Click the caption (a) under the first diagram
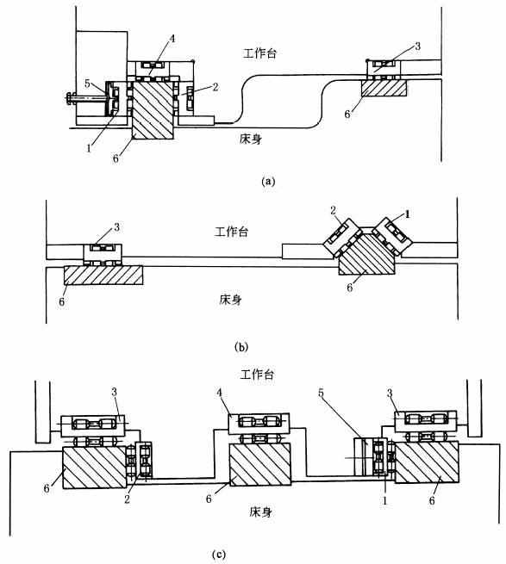tap(268, 181)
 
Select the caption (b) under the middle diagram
tap(241, 348)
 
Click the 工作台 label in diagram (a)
tap(260, 53)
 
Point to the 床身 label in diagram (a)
tap(251, 139)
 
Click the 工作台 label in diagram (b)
tap(232, 232)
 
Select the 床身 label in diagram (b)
tap(230, 300)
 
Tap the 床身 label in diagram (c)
tap(260, 511)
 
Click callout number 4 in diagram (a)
tap(172, 39)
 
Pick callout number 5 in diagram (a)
tap(88, 84)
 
